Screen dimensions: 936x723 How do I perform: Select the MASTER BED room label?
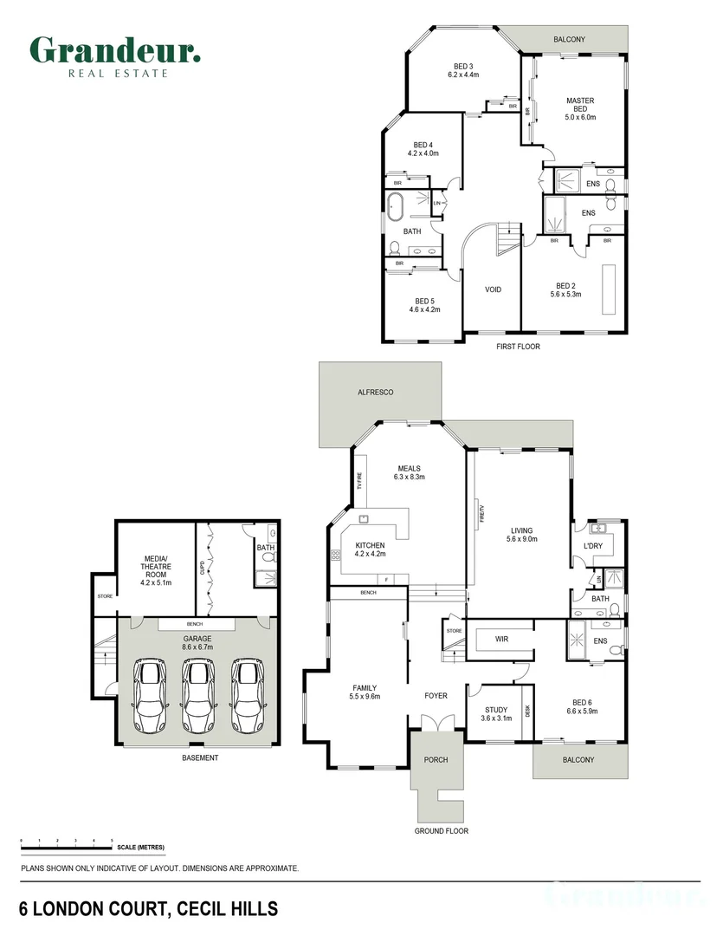580,108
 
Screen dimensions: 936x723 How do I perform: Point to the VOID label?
493,289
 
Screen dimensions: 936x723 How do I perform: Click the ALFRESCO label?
376,393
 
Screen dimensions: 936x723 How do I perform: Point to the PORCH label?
436,760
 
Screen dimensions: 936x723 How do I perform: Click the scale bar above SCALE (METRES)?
67,842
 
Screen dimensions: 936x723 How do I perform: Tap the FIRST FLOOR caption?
518,346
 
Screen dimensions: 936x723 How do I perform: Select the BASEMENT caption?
200,757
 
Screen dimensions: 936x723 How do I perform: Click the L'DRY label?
593,546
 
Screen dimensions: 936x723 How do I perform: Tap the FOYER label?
436,696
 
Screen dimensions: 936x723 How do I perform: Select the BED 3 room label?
463,70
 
